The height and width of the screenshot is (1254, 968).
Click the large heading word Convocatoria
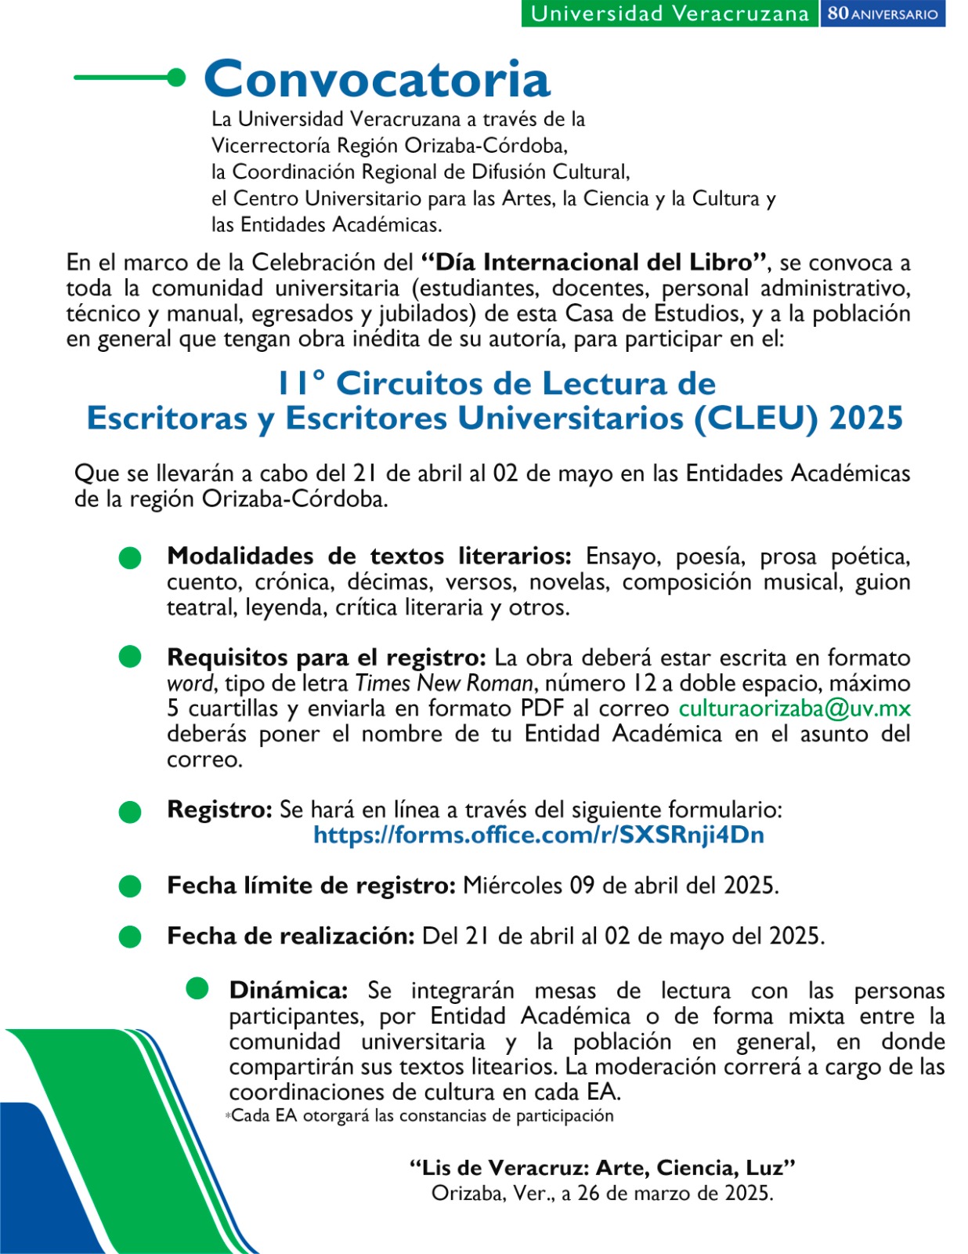(377, 79)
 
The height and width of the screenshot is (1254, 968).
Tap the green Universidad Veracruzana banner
(670, 13)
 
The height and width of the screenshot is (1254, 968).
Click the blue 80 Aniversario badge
(883, 13)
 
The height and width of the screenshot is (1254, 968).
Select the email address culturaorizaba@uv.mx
(794, 709)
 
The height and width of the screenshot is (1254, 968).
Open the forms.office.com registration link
(539, 835)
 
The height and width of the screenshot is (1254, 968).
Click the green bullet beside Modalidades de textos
(130, 558)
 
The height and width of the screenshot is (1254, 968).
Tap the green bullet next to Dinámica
(197, 989)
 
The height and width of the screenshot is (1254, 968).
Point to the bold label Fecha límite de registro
(311, 886)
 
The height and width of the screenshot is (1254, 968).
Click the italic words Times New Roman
(444, 683)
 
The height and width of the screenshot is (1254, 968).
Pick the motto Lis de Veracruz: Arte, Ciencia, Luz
(602, 1168)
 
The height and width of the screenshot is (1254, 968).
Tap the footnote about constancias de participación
(421, 1115)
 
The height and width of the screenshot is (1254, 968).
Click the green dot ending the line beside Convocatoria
(177, 78)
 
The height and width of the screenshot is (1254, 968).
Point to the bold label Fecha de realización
(291, 936)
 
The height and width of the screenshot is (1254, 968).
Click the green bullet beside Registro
(130, 812)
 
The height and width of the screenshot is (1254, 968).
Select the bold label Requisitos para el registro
(327, 658)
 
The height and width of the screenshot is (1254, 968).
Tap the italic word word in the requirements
(190, 683)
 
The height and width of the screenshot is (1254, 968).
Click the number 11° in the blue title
(301, 383)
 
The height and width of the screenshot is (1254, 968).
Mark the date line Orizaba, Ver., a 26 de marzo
(602, 1194)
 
